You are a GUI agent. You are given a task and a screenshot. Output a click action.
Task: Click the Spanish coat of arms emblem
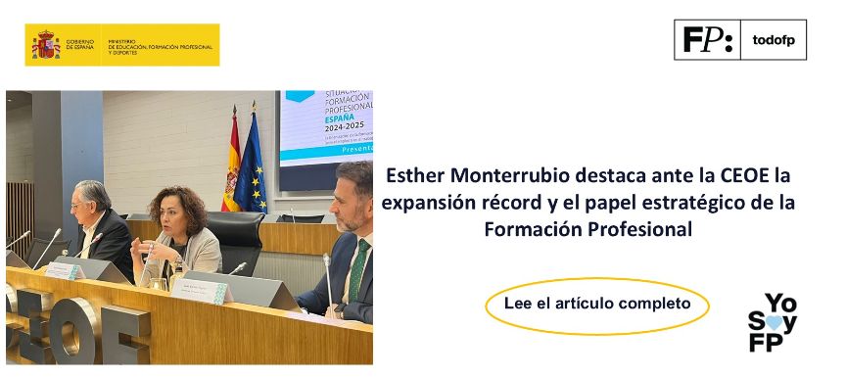point(46,45)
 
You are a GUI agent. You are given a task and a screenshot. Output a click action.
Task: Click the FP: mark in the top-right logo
point(708,40)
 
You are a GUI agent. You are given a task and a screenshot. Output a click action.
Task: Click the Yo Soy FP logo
point(774,322)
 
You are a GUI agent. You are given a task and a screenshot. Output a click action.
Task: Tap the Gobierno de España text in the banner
point(80,45)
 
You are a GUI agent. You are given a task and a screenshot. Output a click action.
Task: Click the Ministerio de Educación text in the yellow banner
point(160,45)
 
